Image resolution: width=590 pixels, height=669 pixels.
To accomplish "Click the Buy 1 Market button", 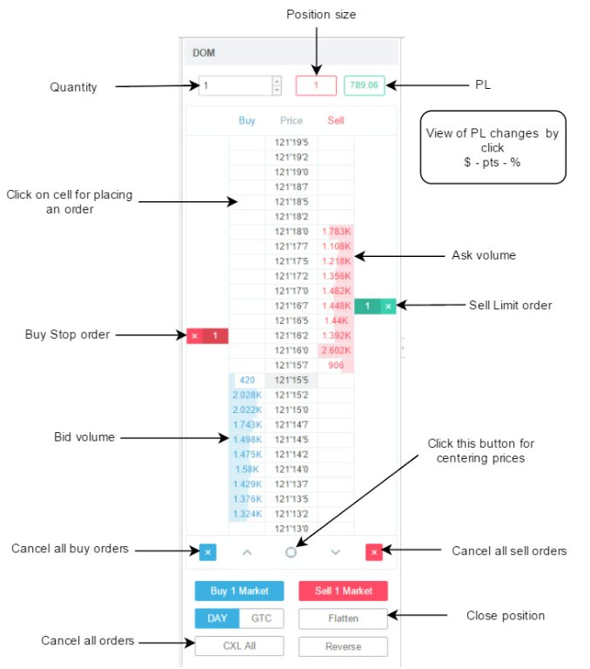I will (x=239, y=591).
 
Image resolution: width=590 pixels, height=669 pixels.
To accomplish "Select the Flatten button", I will (x=343, y=618).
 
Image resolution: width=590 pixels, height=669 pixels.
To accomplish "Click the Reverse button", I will (x=343, y=646).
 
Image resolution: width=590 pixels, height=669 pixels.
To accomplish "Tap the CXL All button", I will (x=239, y=646).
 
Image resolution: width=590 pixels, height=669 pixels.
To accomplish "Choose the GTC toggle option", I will (x=260, y=618).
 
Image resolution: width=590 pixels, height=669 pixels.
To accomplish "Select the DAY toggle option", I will (x=217, y=618).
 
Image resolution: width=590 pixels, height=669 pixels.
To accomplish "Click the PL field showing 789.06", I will (x=364, y=85).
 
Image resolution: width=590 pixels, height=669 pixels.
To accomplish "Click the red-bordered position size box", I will (x=316, y=85).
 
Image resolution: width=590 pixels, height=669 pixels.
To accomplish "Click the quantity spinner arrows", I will (x=277, y=85).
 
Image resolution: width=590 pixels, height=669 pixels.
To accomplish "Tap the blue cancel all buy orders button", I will (x=207, y=551).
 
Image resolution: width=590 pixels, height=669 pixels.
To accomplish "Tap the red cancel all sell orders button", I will (x=373, y=551).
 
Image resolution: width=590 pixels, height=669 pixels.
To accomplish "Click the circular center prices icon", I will (x=291, y=551).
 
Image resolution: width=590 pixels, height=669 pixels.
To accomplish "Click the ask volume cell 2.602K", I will (x=335, y=349).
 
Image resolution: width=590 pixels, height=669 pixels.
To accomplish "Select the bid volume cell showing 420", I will (x=246, y=380).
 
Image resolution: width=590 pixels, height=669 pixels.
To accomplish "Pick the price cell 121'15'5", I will (x=291, y=380).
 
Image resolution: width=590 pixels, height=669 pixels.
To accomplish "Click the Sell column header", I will (x=335, y=120).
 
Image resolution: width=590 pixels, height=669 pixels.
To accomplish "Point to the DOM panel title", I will (x=204, y=52).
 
